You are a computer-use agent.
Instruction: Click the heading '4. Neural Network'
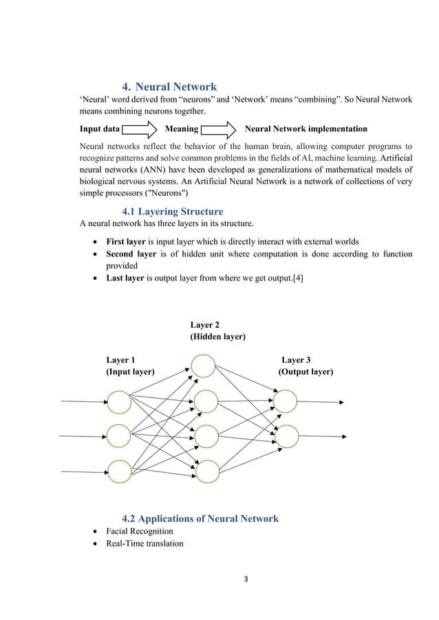(169, 87)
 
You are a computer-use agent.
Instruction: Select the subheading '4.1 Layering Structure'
(172, 211)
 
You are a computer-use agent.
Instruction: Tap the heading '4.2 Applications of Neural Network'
(200, 518)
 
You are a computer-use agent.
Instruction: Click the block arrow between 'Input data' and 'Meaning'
(141, 129)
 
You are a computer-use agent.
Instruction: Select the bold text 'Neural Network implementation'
(306, 129)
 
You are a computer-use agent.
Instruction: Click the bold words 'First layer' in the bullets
(125, 242)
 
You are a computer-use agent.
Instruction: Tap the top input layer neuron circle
(119, 402)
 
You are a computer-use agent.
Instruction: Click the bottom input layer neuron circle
(119, 472)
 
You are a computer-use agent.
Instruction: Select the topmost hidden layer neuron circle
(203, 366)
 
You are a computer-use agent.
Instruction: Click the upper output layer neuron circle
(286, 401)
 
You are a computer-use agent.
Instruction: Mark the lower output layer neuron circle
(286, 435)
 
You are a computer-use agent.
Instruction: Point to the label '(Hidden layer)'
(217, 337)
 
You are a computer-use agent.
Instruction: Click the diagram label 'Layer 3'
(296, 360)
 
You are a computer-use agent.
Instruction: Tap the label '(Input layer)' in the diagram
(130, 372)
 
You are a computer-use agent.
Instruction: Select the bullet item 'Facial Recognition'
(140, 531)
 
